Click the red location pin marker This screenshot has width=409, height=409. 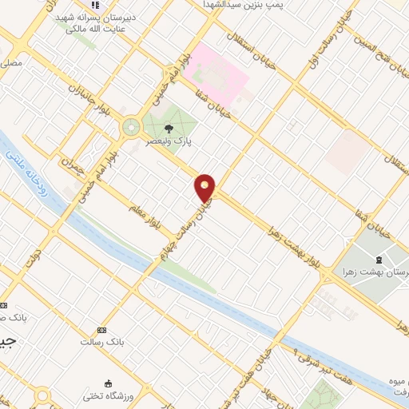(x=205, y=187)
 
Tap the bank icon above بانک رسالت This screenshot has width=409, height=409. (x=101, y=330)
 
